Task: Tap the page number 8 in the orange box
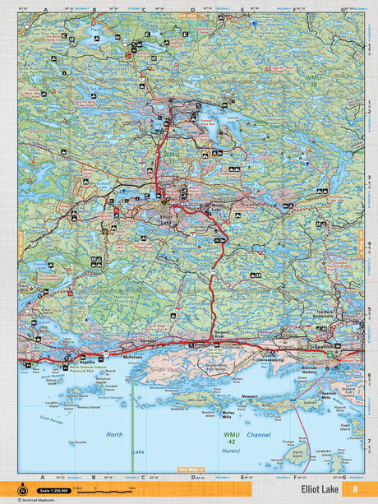tap(355, 490)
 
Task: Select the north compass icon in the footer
tap(11, 489)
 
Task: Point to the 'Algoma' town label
tap(86, 360)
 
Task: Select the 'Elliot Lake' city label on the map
tap(165, 218)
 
